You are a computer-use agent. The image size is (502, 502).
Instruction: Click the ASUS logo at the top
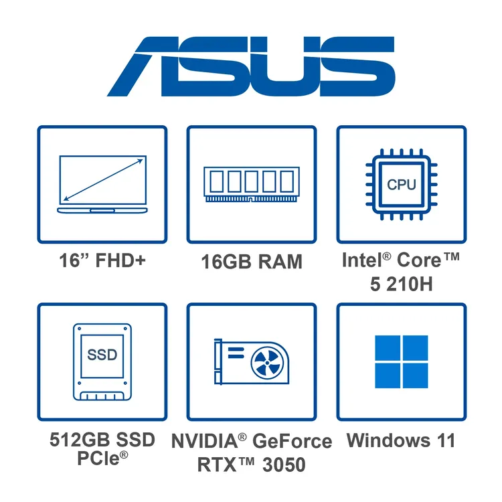251,66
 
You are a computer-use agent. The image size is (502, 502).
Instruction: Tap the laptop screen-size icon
102,184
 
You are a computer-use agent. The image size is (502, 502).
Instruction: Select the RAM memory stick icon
252,185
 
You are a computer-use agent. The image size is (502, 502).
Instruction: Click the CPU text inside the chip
402,185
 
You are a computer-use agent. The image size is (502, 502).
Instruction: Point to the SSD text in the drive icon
102,355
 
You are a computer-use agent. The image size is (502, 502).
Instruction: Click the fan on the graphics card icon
267,363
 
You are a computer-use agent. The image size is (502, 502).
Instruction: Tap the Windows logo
402,361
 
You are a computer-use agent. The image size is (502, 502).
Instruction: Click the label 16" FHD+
102,260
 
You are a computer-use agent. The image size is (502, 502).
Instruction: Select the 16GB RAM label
252,262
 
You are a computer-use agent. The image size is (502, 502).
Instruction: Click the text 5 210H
402,284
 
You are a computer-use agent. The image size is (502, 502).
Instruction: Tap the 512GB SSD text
102,440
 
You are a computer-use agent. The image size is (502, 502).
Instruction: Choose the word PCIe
98,458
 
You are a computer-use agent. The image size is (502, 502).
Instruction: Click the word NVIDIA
205,441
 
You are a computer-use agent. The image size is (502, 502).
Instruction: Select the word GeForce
292,441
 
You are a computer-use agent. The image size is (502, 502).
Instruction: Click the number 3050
284,465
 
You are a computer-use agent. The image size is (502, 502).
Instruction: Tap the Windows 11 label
401,440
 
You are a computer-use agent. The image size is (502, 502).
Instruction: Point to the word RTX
217,465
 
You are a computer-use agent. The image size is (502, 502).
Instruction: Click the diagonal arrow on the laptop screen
103,180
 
